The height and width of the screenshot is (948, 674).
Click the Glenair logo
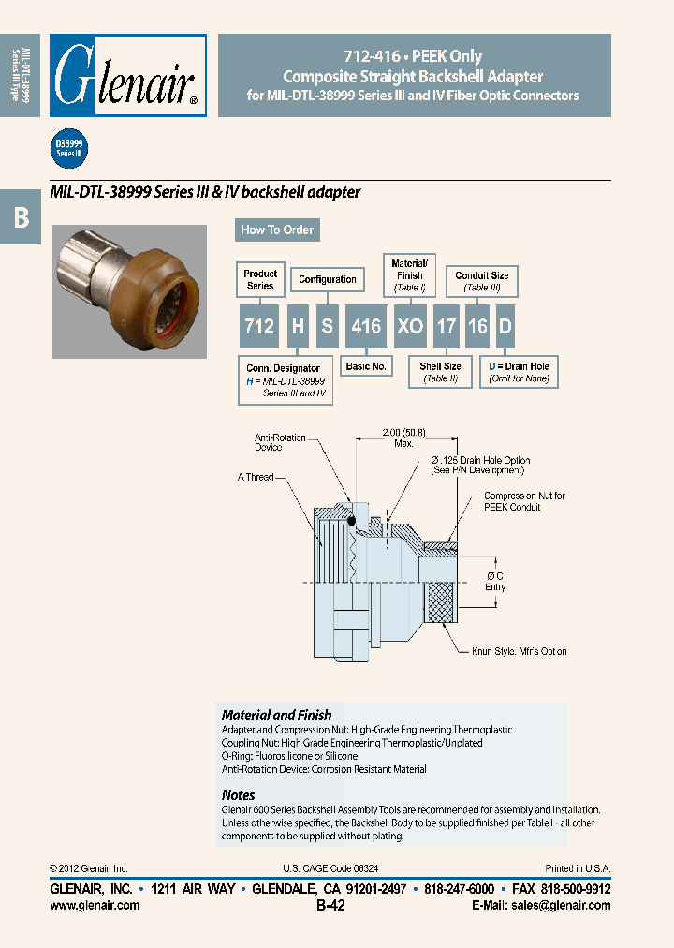pyautogui.click(x=127, y=75)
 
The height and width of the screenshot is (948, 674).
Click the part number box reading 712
pyautogui.click(x=259, y=325)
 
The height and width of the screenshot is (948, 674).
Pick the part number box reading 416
pyautogui.click(x=365, y=325)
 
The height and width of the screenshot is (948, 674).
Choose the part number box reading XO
pyautogui.click(x=410, y=325)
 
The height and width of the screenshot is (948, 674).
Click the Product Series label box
pyautogui.click(x=260, y=279)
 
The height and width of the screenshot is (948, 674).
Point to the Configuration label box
pyautogui.click(x=327, y=279)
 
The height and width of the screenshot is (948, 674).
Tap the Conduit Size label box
pyautogui.click(x=481, y=280)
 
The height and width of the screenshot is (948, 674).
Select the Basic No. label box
pyautogui.click(x=366, y=366)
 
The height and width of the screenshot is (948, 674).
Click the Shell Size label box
pyautogui.click(x=439, y=372)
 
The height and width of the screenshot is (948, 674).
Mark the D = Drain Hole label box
pyautogui.click(x=520, y=372)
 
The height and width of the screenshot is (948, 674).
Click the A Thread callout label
pyautogui.click(x=256, y=477)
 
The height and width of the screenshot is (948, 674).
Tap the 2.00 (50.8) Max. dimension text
pyautogui.click(x=404, y=437)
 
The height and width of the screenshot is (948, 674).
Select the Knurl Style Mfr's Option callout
pyautogui.click(x=519, y=651)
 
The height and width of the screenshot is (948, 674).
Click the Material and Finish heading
pyautogui.click(x=276, y=715)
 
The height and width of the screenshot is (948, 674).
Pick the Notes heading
pyautogui.click(x=238, y=794)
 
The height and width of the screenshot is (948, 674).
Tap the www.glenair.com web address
pyautogui.click(x=95, y=905)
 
